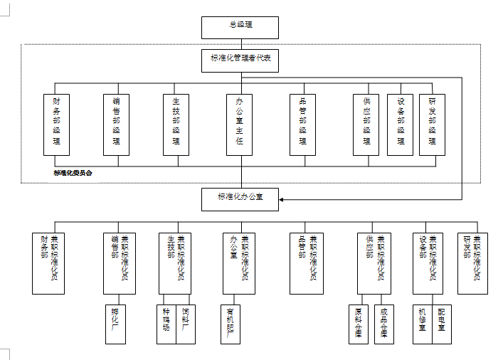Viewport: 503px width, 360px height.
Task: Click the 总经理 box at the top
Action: [240, 27]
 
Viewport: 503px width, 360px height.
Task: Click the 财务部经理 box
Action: [56, 125]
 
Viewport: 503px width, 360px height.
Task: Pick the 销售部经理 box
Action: [116, 125]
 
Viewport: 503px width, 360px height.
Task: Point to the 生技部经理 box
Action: [176, 125]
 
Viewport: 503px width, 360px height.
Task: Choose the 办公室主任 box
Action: [240, 125]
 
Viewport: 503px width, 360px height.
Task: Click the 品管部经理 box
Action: [302, 125]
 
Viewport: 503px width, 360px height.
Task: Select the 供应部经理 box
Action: [366, 125]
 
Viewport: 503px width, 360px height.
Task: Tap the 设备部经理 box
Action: [400, 125]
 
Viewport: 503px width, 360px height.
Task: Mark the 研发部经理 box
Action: [432, 125]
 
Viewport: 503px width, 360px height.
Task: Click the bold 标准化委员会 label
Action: [73, 173]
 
